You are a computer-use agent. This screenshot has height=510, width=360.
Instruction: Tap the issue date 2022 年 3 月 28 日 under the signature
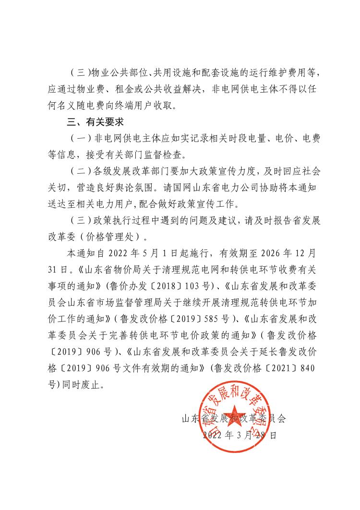pos(240,435)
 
